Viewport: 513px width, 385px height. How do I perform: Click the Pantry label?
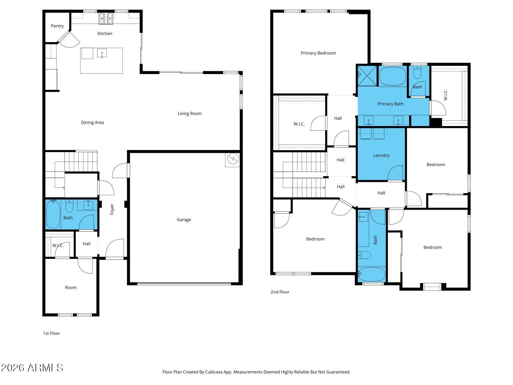tap(57, 26)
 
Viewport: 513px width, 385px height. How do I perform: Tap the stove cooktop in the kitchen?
tap(106, 18)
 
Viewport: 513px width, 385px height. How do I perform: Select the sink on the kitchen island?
tap(102, 53)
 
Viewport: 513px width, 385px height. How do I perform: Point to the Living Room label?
tap(190, 113)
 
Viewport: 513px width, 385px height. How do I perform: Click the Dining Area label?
tap(92, 122)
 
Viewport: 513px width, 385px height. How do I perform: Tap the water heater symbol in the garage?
tap(232, 159)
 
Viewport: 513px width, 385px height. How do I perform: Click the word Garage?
tap(184, 220)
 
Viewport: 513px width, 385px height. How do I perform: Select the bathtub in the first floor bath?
tap(53, 214)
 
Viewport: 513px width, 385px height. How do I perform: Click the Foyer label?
tap(112, 209)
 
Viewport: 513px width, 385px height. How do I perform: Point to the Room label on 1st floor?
tap(71, 288)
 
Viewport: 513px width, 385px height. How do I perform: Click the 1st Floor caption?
tap(51, 333)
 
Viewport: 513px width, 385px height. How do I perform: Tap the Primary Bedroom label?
tap(318, 53)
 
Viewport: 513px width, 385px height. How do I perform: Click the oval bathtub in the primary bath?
tap(392, 76)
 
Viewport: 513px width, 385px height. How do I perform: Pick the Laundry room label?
tap(381, 155)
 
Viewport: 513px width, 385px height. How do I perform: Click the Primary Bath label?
tap(390, 104)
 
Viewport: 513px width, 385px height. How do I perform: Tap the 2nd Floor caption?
tap(280, 292)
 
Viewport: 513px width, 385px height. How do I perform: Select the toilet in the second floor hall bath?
tap(364, 255)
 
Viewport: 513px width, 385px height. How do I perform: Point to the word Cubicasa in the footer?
tap(213, 372)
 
